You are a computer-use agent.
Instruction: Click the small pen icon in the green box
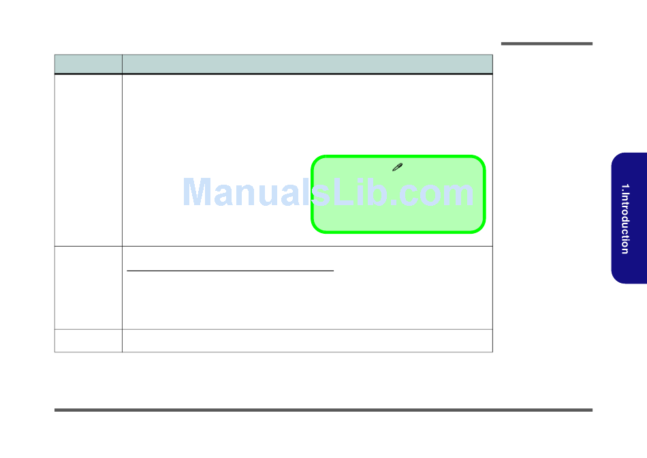[x=398, y=167]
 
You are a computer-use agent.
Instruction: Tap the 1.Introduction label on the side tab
[x=625, y=219]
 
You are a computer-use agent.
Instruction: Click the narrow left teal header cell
[x=88, y=64]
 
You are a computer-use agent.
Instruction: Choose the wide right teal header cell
[x=307, y=64]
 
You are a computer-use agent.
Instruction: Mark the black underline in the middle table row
[x=231, y=271]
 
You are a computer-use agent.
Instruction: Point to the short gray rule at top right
[x=547, y=44]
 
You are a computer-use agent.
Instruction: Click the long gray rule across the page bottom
[x=323, y=410]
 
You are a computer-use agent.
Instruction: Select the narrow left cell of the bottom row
[x=88, y=341]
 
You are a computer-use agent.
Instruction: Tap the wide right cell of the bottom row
[x=307, y=341]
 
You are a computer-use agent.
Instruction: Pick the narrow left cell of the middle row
[x=88, y=288]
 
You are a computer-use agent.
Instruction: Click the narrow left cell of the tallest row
[x=88, y=159]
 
